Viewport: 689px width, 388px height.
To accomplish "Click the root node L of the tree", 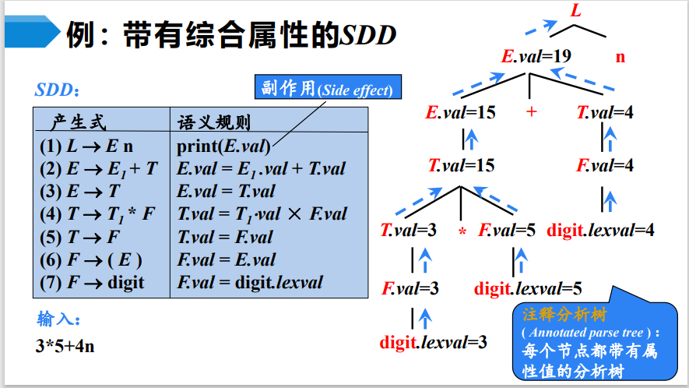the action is coord(576,12).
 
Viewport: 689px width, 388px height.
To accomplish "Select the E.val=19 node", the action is coord(536,57).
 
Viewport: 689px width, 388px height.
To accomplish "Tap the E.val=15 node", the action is coord(460,112).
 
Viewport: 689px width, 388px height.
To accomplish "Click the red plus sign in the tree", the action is coord(532,112).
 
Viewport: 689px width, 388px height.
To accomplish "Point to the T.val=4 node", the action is coord(605,112).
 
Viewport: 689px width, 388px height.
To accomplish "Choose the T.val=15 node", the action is coord(461,165).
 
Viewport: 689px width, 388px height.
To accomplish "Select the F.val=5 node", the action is coord(507,231).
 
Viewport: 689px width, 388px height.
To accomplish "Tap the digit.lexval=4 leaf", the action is coord(600,231).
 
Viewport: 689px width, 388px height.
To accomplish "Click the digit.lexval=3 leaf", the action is coord(434,342).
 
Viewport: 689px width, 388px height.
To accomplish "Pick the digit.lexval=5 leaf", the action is coord(528,288).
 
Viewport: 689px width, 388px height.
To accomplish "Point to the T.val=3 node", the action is coord(408,231).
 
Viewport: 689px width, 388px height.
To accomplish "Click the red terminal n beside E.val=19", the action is coord(620,57).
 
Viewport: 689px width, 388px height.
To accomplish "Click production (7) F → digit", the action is coord(92,282).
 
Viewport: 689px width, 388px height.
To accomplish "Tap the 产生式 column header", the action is coord(79,122).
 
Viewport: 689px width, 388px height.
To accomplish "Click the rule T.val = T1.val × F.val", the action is coord(262,213).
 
